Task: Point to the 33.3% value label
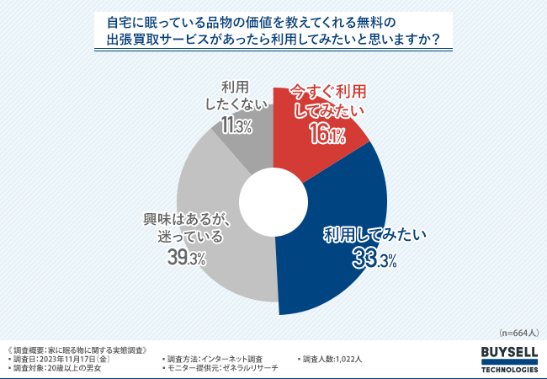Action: tap(374, 260)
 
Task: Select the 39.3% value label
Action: tap(186, 259)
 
